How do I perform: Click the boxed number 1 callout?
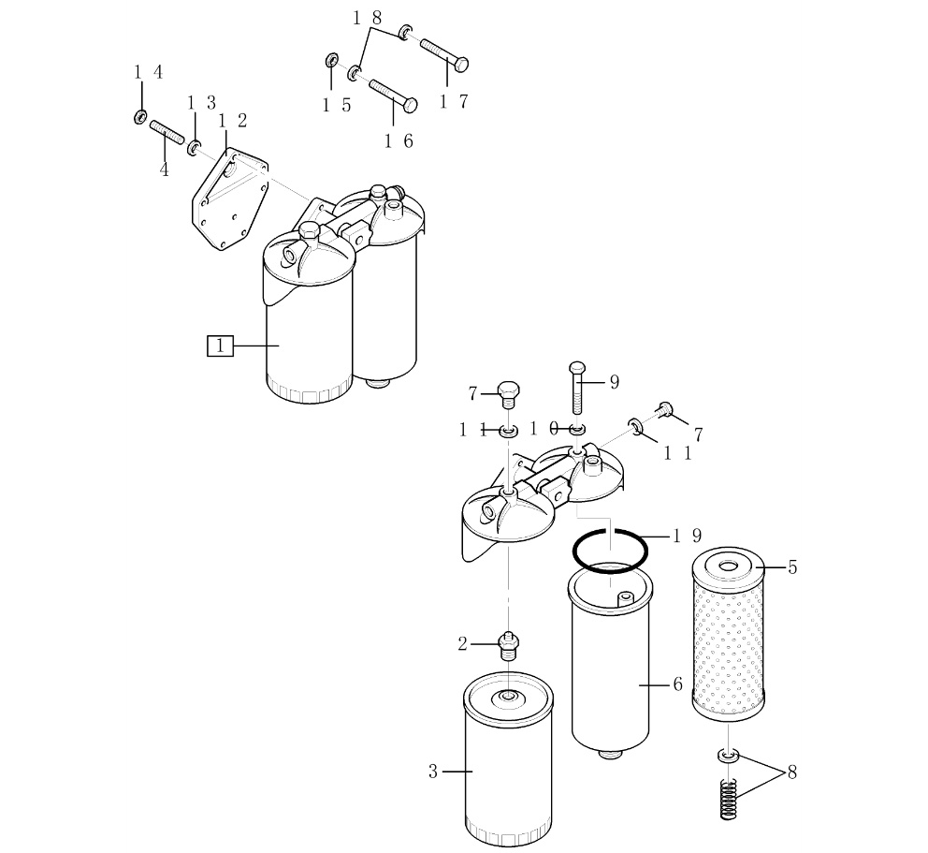[220, 346]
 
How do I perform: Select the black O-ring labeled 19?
[573, 552]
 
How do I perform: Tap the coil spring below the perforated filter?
[729, 800]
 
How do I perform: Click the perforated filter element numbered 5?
[729, 631]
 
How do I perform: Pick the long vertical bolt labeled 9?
[577, 388]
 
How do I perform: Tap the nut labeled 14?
[141, 117]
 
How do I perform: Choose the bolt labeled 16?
[393, 96]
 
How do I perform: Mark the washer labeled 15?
[331, 60]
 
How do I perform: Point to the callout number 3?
[433, 772]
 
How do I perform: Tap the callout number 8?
[791, 772]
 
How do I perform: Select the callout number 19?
[688, 537]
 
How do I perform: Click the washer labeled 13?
[195, 148]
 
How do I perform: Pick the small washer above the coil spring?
[729, 756]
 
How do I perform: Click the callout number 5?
[792, 567]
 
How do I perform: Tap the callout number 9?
[615, 383]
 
